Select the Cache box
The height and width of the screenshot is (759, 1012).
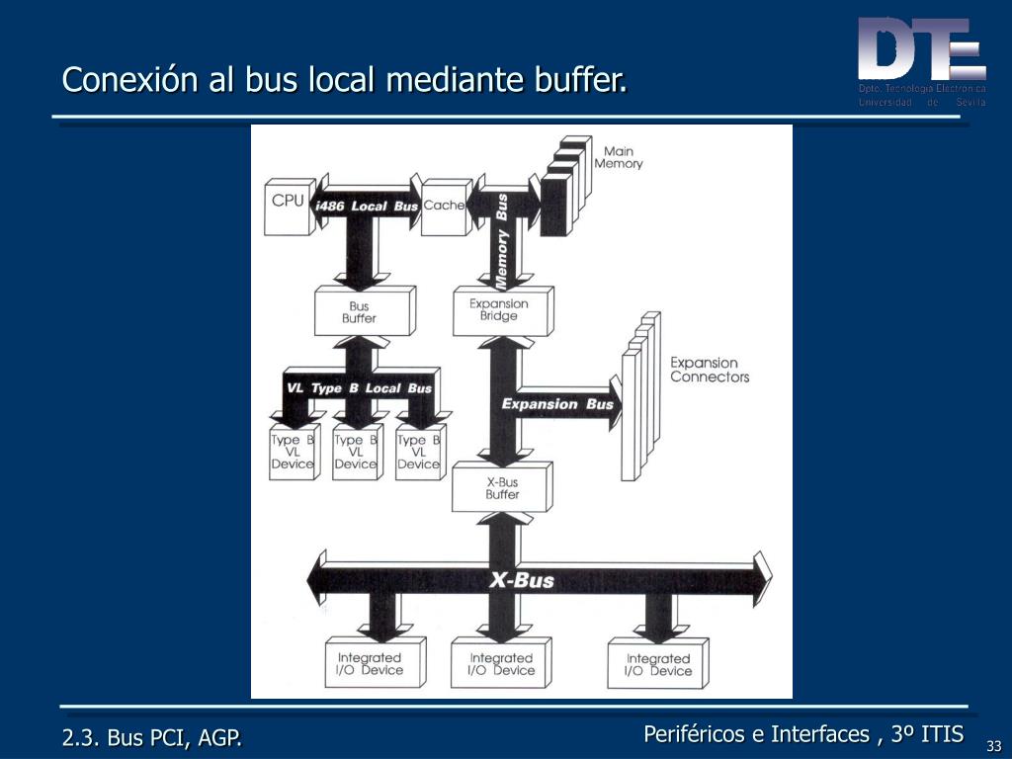click(444, 207)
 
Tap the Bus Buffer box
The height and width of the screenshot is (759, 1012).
click(359, 312)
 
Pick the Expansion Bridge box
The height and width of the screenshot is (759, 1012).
click(499, 310)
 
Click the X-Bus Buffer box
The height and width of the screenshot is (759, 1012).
click(501, 488)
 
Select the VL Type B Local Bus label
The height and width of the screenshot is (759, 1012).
click(359, 388)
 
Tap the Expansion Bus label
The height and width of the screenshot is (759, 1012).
click(557, 403)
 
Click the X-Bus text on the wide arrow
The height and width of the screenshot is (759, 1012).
click(522, 580)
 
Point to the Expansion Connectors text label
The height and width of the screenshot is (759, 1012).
click(710, 370)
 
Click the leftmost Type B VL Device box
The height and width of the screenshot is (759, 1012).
click(293, 453)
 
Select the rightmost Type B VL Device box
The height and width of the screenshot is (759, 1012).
click(418, 453)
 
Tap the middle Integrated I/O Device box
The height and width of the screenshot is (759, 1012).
click(500, 664)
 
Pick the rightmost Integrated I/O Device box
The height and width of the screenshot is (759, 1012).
click(658, 664)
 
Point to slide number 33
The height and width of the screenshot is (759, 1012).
click(993, 745)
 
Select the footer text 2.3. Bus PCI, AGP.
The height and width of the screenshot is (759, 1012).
click(152, 737)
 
